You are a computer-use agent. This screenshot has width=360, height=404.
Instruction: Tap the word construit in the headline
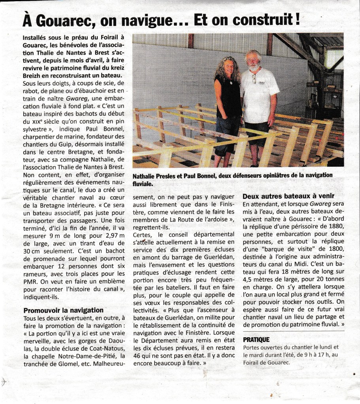(x=260, y=19)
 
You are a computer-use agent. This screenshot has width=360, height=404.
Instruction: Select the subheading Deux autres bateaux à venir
(x=288, y=196)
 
